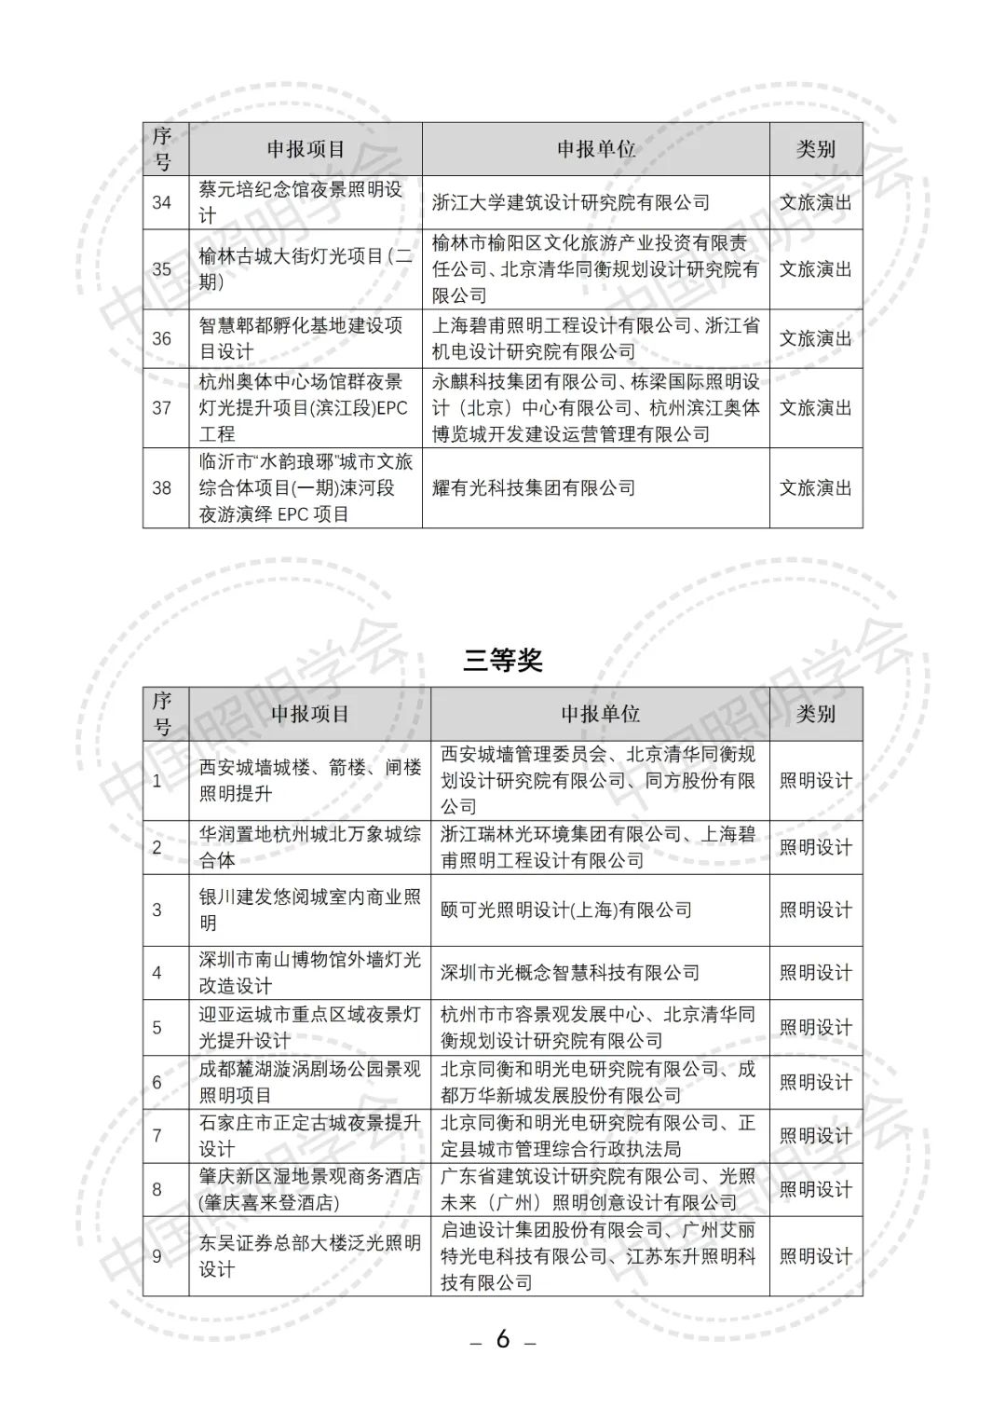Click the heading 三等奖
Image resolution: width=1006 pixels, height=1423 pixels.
(503, 661)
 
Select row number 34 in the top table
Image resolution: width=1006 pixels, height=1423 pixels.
(162, 202)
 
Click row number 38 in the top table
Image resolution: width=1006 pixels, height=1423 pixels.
(162, 488)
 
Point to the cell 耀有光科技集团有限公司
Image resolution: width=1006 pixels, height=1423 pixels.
(534, 488)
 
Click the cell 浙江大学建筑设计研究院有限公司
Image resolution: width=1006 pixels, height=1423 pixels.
(570, 202)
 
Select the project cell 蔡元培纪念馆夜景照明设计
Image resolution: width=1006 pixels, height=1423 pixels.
(300, 202)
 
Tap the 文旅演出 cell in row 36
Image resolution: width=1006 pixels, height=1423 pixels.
(815, 338)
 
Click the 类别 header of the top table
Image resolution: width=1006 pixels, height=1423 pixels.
(815, 149)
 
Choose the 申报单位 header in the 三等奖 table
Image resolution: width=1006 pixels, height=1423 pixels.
(600, 714)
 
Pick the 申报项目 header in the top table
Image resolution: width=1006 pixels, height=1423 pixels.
(306, 149)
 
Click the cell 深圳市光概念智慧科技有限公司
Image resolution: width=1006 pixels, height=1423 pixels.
(570, 973)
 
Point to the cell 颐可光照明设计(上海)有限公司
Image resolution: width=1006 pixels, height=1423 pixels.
(566, 910)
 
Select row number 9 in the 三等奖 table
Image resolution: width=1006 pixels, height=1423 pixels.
(156, 1256)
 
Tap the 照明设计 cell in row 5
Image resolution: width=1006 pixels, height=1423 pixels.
(815, 1028)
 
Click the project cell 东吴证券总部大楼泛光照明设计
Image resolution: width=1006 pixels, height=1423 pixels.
(310, 1256)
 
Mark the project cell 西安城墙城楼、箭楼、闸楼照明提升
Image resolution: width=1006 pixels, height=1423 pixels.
(310, 780)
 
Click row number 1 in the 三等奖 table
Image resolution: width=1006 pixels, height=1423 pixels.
(156, 781)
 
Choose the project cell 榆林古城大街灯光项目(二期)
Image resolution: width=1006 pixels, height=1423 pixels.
(306, 269)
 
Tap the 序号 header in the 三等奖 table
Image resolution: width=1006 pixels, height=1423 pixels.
(163, 714)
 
